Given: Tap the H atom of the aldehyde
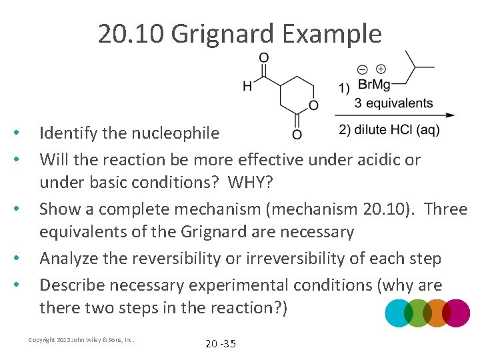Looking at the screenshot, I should click(x=247, y=85).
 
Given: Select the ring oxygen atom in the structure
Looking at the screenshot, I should click(x=313, y=105).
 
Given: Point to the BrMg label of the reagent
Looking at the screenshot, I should click(x=373, y=85).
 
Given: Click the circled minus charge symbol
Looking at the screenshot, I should click(x=362, y=69).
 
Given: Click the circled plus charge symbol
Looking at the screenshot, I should click(x=381, y=69).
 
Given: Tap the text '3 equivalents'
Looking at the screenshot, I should click(x=393, y=103).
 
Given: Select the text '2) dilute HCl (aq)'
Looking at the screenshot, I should click(x=389, y=130).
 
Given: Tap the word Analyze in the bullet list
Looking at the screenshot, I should click(x=69, y=258).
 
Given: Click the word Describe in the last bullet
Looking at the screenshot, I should click(x=72, y=285).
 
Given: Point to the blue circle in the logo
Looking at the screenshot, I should click(x=398, y=313).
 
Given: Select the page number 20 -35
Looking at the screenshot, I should click(x=220, y=344).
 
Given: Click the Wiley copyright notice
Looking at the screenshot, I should click(x=81, y=340).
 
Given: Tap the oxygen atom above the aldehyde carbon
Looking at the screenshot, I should click(x=264, y=57).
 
